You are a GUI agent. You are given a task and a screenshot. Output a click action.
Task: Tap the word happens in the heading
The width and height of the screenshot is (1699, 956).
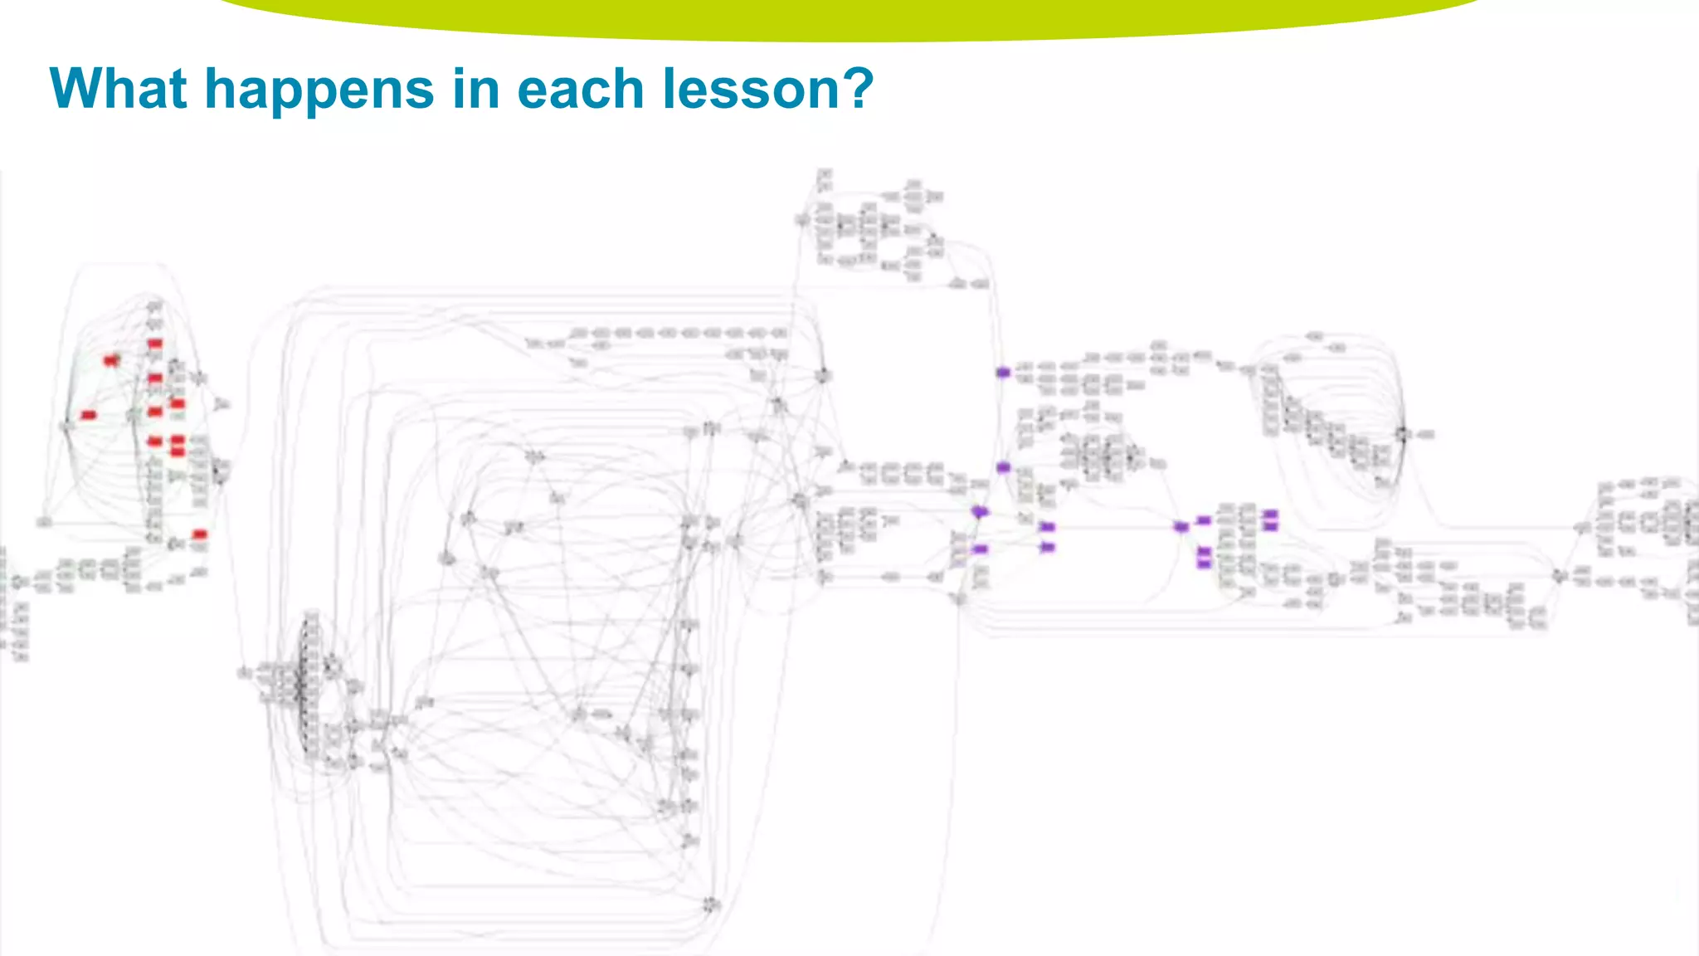[x=319, y=90]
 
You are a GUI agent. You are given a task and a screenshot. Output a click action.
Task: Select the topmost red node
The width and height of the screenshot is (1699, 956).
[x=155, y=344]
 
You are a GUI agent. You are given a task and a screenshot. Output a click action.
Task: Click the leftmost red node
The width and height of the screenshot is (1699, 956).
[x=89, y=415]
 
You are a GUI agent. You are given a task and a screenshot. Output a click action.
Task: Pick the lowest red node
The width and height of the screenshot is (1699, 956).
[x=199, y=534]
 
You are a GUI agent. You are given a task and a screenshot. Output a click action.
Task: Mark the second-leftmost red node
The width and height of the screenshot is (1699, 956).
[x=111, y=360]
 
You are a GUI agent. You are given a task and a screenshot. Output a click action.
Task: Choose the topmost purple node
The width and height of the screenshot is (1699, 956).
[x=1003, y=373]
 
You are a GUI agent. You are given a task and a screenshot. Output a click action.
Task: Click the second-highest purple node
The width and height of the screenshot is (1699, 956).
[x=1003, y=467]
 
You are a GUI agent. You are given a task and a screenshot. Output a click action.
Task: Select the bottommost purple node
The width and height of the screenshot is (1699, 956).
[x=1204, y=564]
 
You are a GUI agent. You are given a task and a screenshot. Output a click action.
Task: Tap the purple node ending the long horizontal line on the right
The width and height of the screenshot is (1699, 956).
[x=1181, y=527]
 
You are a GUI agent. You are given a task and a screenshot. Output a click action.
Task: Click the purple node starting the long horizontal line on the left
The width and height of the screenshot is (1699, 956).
[x=1047, y=527]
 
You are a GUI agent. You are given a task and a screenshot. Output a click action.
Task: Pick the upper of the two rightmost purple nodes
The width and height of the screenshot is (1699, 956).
[x=1270, y=515]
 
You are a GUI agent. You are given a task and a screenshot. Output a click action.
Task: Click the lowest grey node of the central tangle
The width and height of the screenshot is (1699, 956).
[x=711, y=905]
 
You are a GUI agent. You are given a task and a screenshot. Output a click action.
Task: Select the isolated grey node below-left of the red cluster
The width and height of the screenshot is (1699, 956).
[x=44, y=522]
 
